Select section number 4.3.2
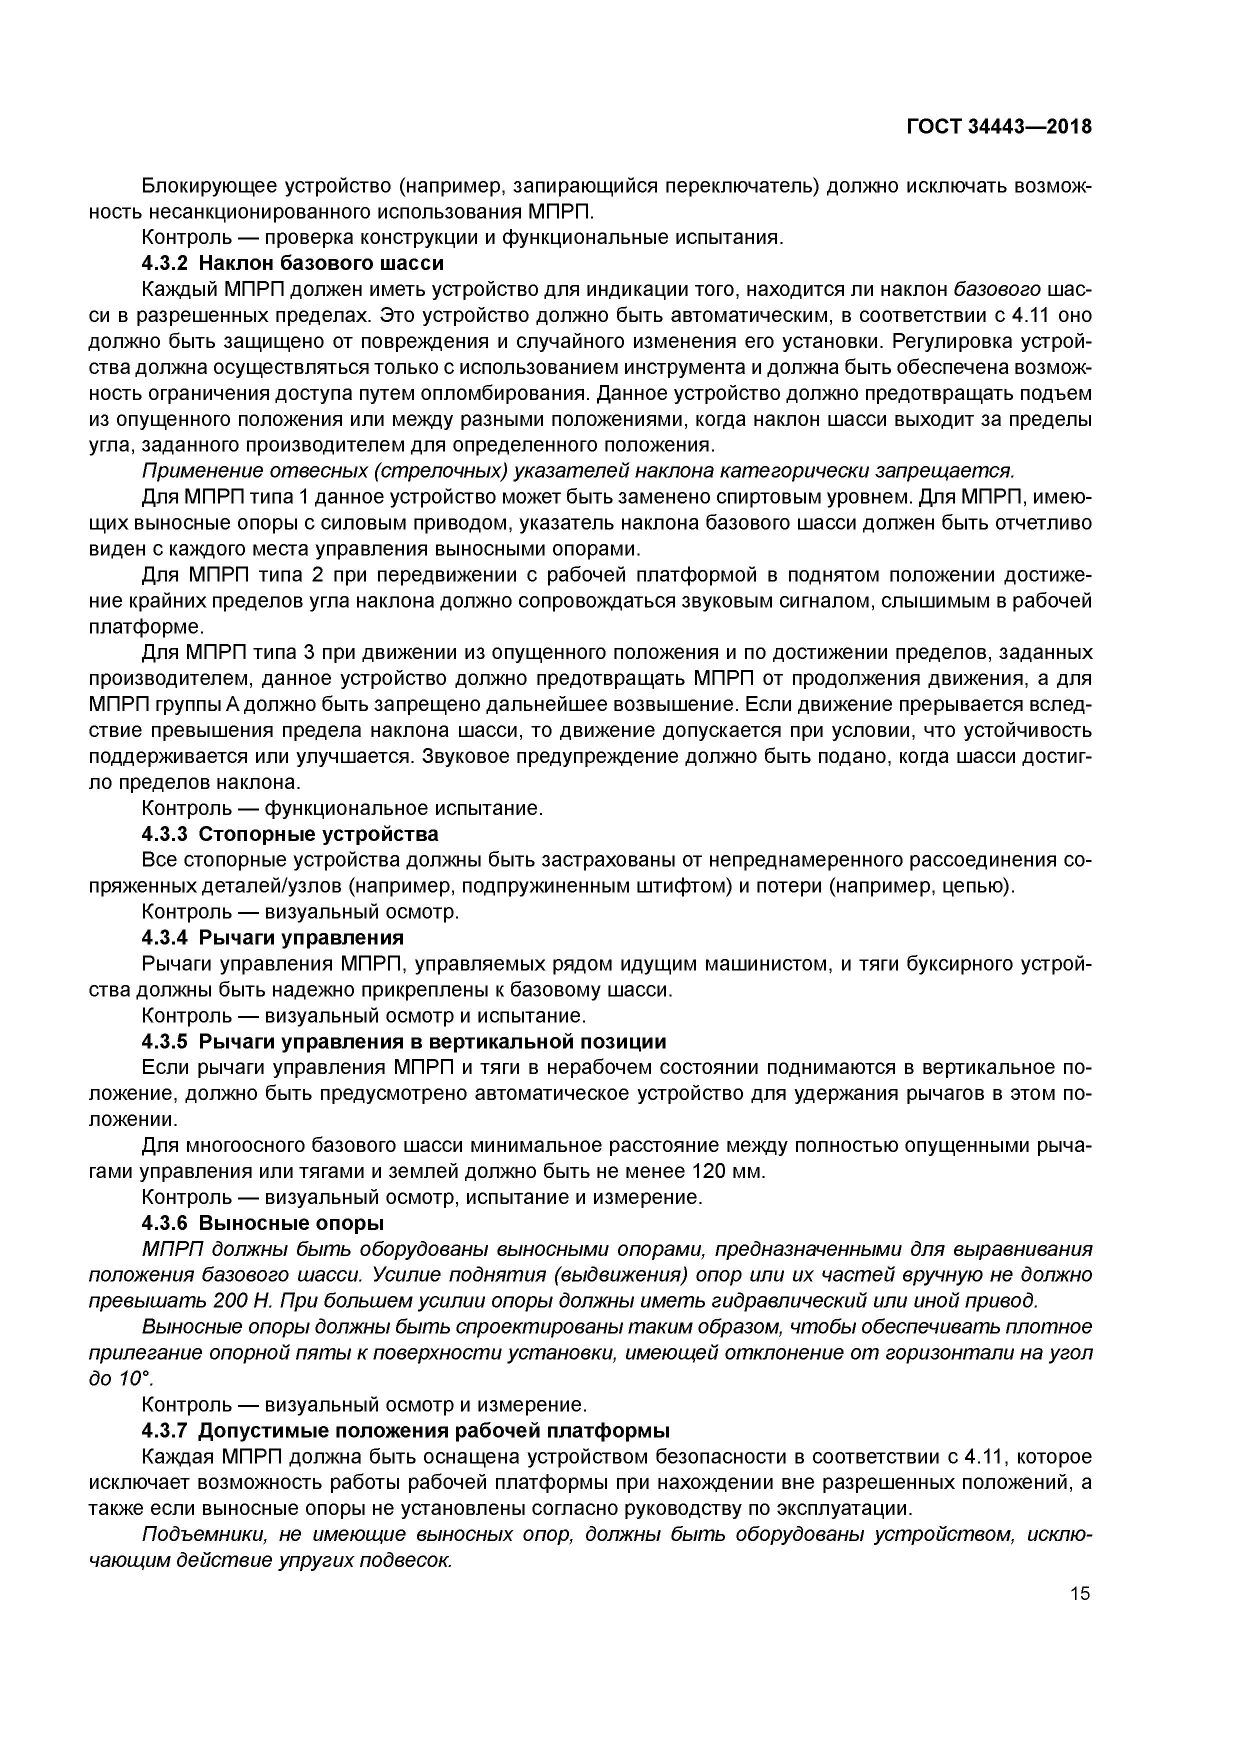pos(164,263)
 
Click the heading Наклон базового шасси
pos(321,263)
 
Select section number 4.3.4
pos(164,937)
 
